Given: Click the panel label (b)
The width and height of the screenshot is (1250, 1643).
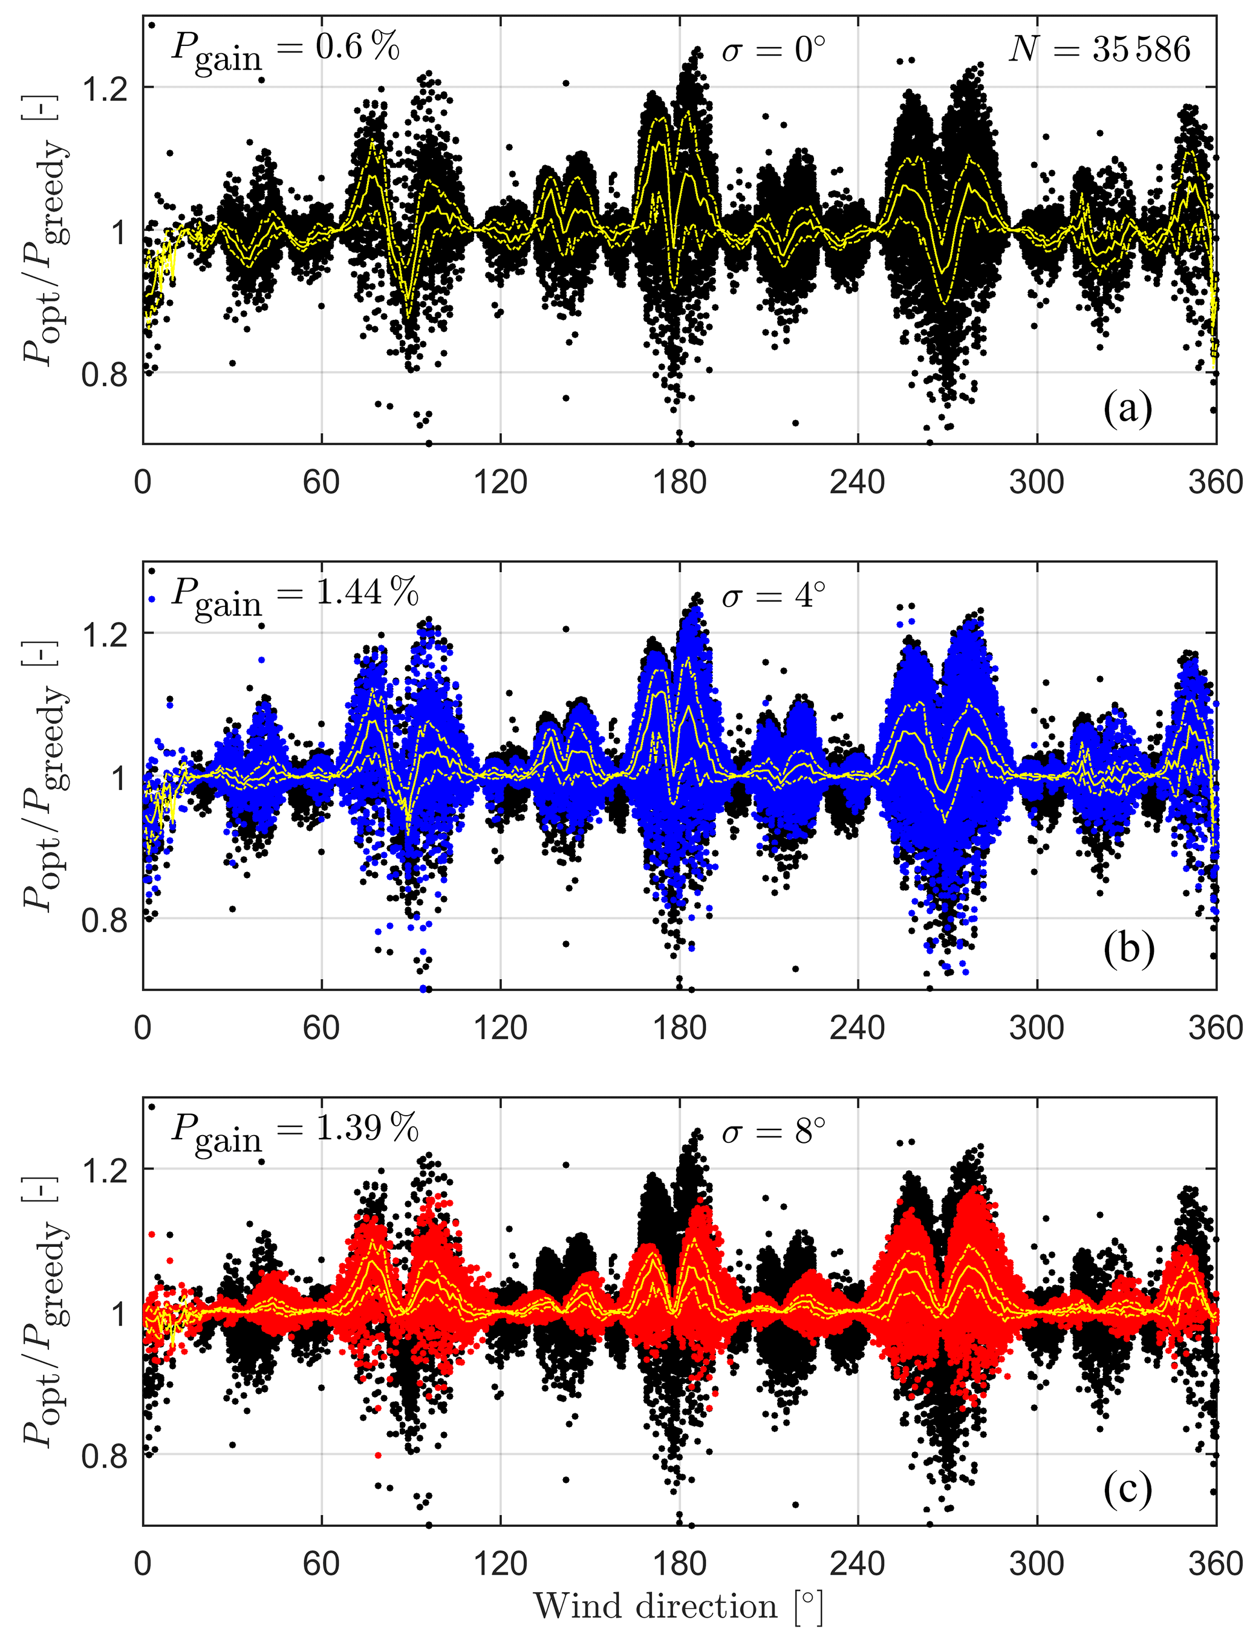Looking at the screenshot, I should [x=1128, y=949].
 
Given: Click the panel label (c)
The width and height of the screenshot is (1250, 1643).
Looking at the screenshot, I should [x=1127, y=1489].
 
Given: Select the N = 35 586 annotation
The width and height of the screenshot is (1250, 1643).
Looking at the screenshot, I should [x=1099, y=50].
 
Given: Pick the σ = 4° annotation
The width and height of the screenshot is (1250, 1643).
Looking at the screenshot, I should [x=774, y=595].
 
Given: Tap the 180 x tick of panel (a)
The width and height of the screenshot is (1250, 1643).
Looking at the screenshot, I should [x=679, y=482].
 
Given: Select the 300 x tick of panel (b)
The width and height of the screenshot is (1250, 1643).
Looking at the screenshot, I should [x=1037, y=1027].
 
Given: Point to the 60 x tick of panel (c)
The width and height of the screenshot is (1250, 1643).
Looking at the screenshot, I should [x=322, y=1563].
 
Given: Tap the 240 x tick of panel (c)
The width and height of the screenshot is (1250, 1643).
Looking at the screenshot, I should [x=858, y=1563].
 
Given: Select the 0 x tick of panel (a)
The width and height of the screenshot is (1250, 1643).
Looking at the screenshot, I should [x=143, y=482].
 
